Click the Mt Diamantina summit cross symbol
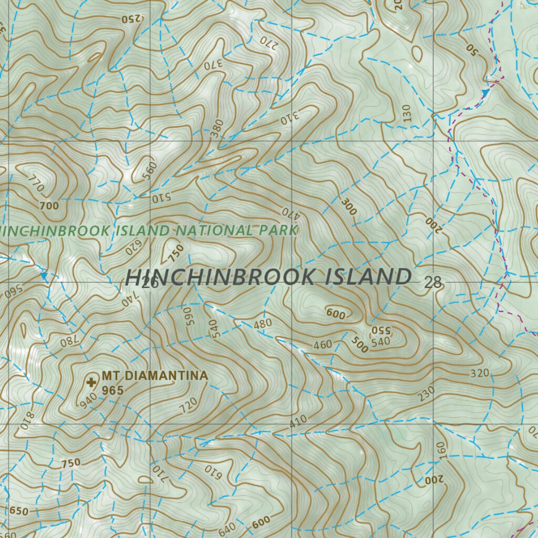tap(92, 380)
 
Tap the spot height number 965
tap(112, 390)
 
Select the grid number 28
tap(433, 283)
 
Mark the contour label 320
tap(480, 374)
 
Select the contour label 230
tap(427, 394)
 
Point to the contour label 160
tap(440, 451)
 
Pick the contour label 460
tap(323, 345)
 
